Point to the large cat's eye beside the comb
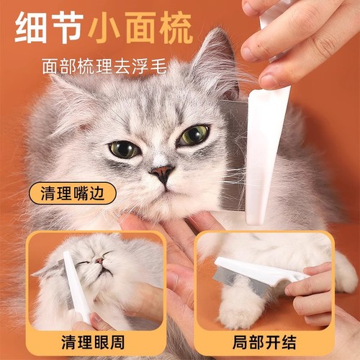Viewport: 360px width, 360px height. (x=194, y=135)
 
